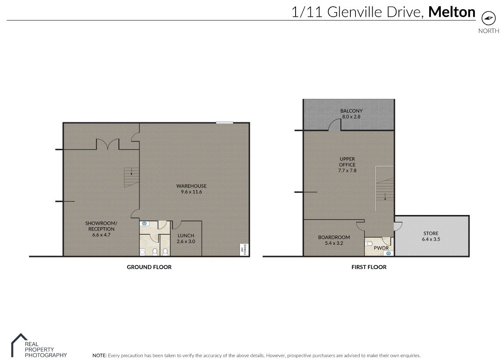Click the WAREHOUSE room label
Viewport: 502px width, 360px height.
(191, 186)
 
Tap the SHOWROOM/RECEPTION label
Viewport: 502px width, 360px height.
(101, 226)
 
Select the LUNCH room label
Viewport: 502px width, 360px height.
(186, 236)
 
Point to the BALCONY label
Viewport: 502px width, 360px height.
(351, 111)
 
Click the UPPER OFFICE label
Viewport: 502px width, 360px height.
(348, 162)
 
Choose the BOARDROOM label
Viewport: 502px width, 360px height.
(334, 237)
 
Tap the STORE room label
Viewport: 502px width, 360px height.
(431, 233)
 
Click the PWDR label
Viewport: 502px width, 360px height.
(381, 248)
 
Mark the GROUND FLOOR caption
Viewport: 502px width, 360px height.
(149, 267)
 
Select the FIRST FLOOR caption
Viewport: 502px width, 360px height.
(369, 267)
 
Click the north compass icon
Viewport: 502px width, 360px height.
(488, 18)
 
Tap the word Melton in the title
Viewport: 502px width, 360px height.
(452, 12)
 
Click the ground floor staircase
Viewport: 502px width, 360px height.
(131, 178)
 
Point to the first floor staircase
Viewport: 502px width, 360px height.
(385, 189)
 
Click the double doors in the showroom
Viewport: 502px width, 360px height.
(108, 144)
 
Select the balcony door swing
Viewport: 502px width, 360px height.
(335, 124)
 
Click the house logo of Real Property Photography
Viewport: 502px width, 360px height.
(18, 344)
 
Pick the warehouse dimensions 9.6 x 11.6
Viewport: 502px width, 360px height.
(191, 192)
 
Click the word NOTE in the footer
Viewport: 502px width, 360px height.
(99, 355)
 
